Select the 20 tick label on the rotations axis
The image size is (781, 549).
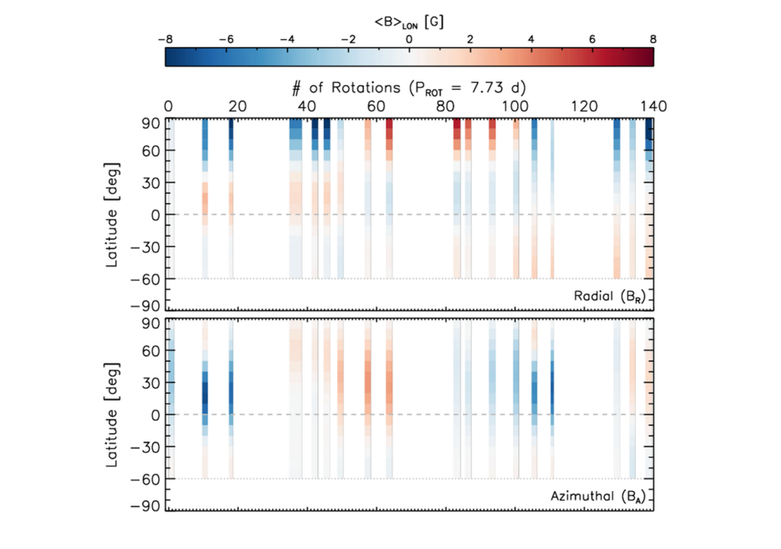(237, 106)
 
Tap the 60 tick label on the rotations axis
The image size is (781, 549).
(376, 106)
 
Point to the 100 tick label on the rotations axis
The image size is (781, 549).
(515, 106)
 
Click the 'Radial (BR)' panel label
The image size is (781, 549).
(609, 297)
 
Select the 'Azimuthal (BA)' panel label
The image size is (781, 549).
(597, 496)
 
